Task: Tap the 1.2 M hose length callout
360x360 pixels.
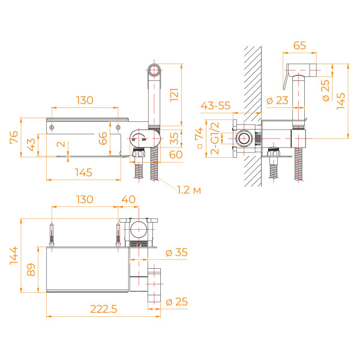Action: (x=188, y=190)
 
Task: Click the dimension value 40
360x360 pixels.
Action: (x=128, y=199)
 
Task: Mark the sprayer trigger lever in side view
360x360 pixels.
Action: (x=286, y=80)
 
